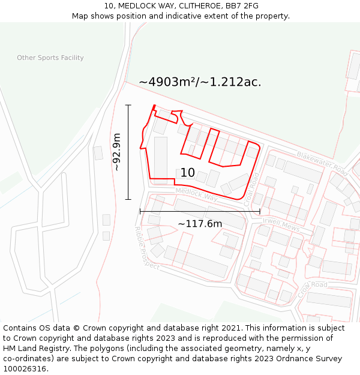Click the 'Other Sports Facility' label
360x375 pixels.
[x=50, y=58]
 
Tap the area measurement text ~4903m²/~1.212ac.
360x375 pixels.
[x=200, y=82]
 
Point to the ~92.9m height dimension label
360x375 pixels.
[x=117, y=152]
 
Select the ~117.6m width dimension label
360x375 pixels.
[x=200, y=224]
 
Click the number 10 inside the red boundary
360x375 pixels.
[x=187, y=173]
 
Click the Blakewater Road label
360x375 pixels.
[x=322, y=160]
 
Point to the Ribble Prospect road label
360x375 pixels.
[x=146, y=247]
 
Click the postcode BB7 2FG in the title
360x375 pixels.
[x=241, y=6]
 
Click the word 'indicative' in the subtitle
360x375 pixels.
[x=189, y=16]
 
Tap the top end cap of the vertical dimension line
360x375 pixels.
[x=128, y=105]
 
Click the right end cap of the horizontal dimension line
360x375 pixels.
[x=259, y=211]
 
